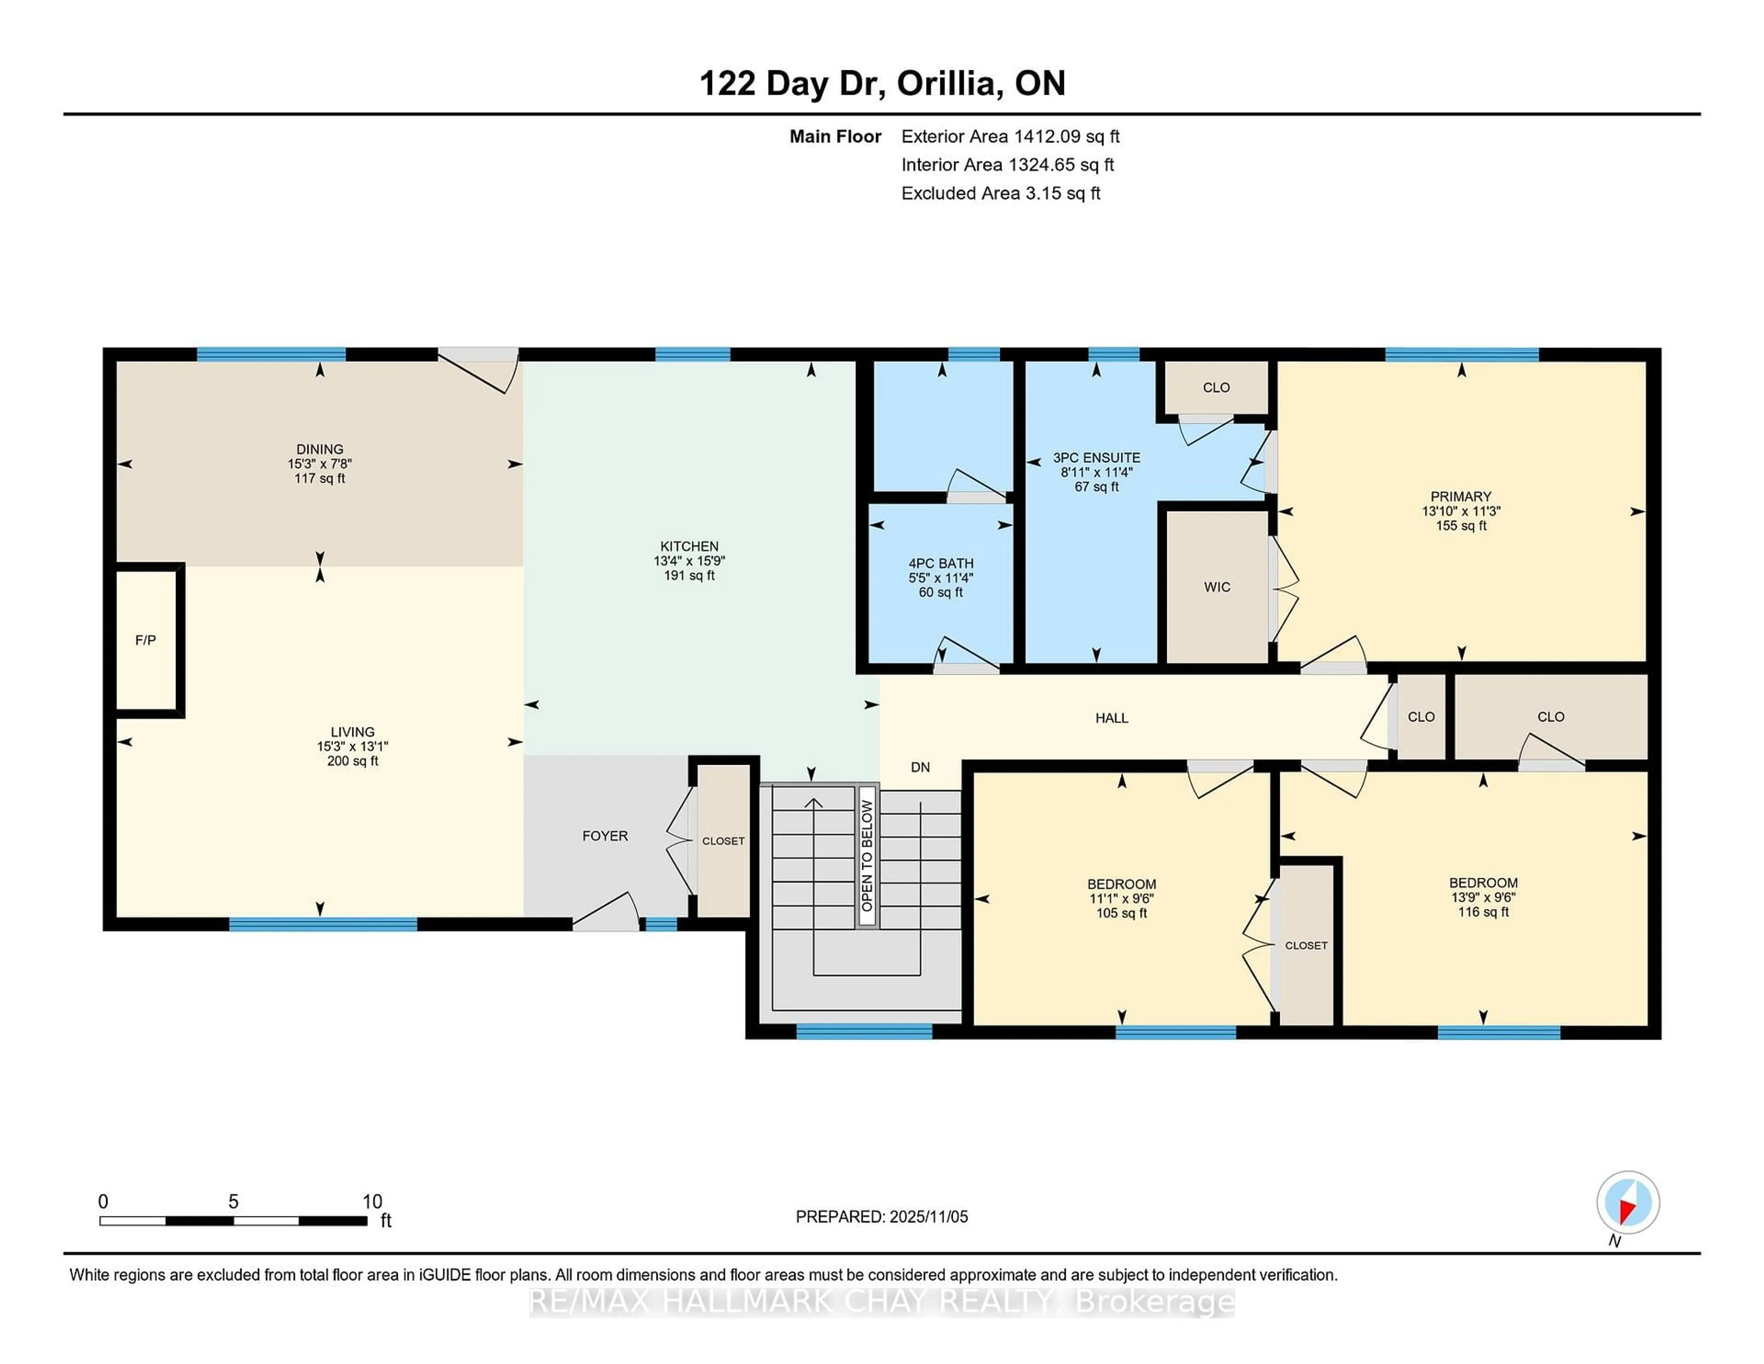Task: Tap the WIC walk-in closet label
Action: [1216, 587]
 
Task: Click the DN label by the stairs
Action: [920, 767]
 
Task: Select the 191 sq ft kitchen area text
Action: [689, 575]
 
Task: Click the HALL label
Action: [1111, 717]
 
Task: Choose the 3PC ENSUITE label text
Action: [1096, 457]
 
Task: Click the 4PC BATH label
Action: [940, 563]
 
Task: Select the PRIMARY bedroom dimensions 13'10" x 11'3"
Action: [1460, 511]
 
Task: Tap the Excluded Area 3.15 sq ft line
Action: [1000, 193]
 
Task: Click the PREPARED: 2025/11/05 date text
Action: [881, 1216]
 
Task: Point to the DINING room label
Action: [320, 449]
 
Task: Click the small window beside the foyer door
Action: [661, 924]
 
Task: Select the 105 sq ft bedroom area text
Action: [1121, 913]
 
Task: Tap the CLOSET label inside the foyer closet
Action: [723, 841]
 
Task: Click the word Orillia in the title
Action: [950, 83]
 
